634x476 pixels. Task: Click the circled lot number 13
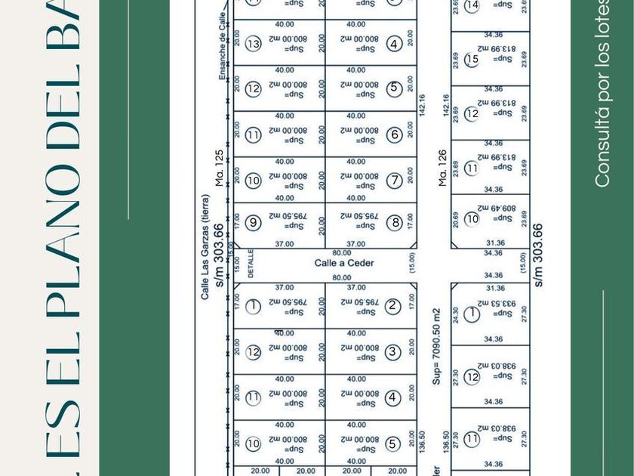[x=253, y=44]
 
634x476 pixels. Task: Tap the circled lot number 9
[x=253, y=223]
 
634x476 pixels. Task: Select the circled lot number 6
[x=394, y=135]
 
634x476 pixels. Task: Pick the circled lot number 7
[x=394, y=181]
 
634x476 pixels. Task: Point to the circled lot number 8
[x=394, y=223]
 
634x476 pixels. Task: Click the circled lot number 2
[x=392, y=306]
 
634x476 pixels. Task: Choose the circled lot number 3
[x=392, y=351]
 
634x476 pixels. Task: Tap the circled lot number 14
[x=472, y=6]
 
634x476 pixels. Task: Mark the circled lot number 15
[x=472, y=59]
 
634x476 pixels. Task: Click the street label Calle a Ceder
[x=344, y=263]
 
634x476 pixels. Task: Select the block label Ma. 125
[x=220, y=168]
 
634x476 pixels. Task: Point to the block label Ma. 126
[x=443, y=168]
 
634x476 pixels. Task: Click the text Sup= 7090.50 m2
[x=436, y=346]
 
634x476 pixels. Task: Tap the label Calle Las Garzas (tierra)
[x=205, y=247]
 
